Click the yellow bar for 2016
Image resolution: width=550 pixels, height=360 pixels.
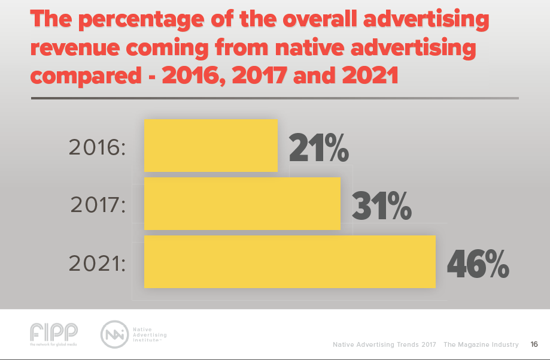211,146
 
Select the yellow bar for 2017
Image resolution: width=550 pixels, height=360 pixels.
242,204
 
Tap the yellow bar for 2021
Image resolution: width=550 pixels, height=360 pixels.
290,262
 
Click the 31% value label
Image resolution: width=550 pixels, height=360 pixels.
381,205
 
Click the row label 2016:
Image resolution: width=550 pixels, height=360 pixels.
97,147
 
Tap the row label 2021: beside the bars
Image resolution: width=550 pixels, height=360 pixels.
97,264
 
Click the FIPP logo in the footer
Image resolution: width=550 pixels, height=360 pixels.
53,334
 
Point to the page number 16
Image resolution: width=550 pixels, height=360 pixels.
534,344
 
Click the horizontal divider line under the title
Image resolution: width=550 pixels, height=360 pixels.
275,98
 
